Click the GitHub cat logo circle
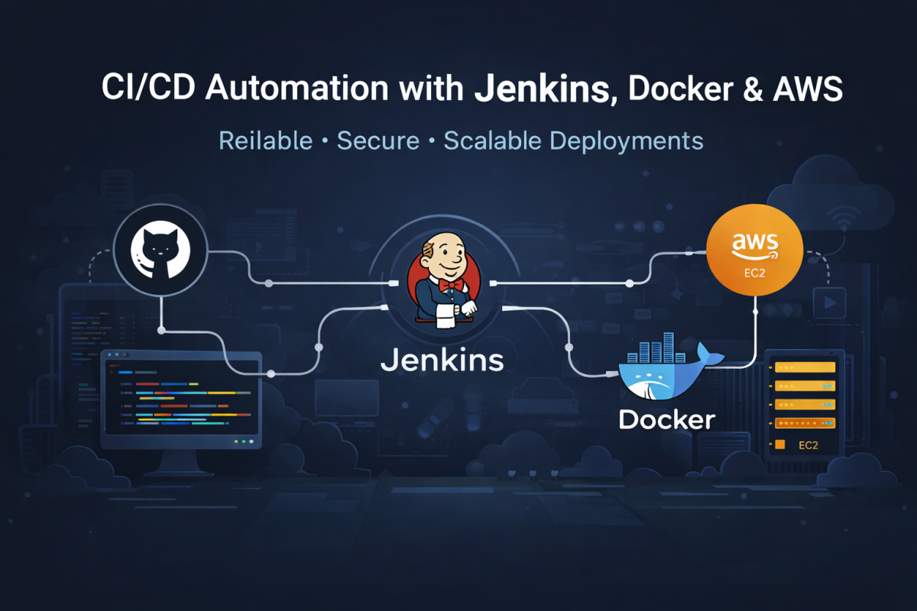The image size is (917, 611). tap(162, 249)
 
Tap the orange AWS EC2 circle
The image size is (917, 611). tap(755, 250)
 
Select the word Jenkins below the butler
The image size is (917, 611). tap(442, 360)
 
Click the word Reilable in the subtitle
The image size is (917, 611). tap(265, 141)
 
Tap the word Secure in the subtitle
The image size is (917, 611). tap(377, 141)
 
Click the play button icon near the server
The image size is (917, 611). tap(829, 302)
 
